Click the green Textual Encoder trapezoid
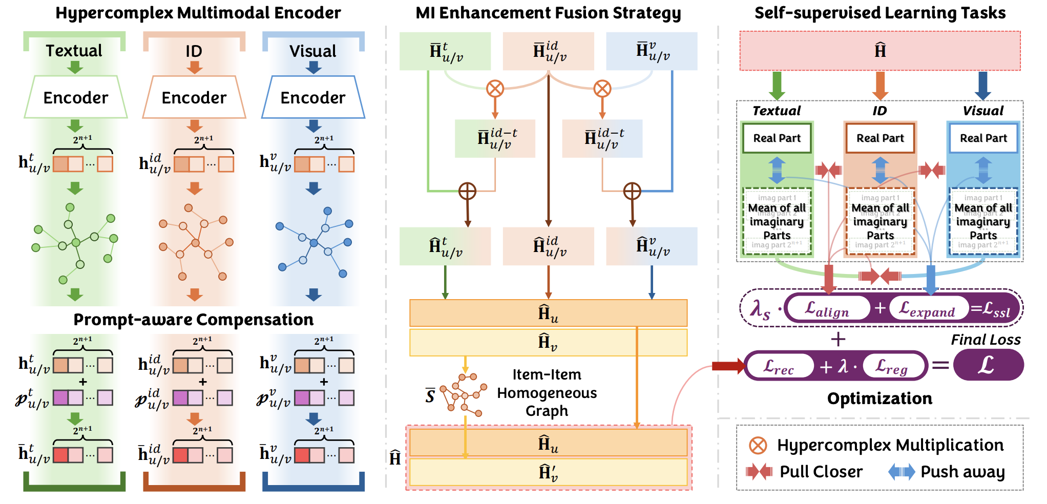(76, 97)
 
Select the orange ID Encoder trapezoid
(194, 97)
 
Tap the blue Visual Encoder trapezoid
(313, 97)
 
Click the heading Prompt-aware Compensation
(193, 320)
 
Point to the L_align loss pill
(827, 308)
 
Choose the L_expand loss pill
(928, 308)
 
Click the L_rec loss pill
(779, 366)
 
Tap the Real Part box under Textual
(777, 138)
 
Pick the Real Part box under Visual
(983, 138)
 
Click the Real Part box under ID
(880, 138)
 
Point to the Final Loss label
(986, 340)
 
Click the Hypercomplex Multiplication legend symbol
(758, 445)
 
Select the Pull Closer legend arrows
(759, 471)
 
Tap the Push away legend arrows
(902, 471)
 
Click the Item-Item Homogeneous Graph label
(547, 393)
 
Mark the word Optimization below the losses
(880, 398)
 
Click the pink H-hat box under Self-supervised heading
(880, 51)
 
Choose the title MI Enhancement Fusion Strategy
(548, 13)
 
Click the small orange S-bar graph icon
(463, 393)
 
